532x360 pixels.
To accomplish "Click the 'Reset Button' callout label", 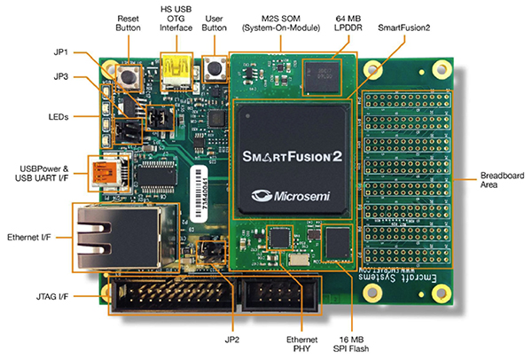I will tap(129, 22).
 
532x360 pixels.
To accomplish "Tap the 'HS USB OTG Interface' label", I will tap(176, 22).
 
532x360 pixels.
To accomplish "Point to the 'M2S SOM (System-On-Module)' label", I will tap(285, 22).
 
